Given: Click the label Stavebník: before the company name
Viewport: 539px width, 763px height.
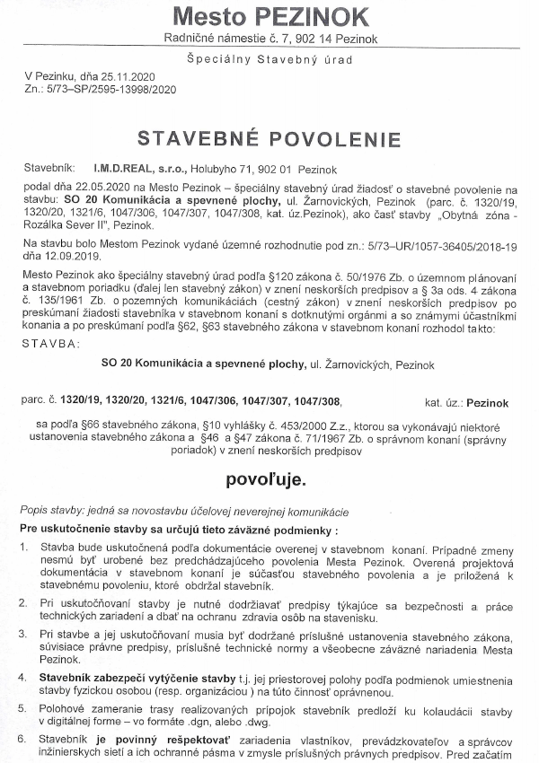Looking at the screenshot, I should click(50, 168).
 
